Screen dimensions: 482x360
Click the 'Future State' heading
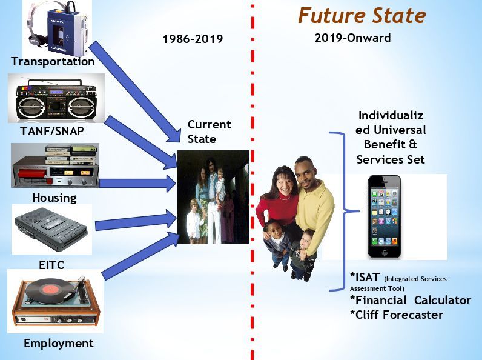point(362,16)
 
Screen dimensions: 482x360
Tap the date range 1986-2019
point(193,39)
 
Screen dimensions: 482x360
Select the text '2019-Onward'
point(352,38)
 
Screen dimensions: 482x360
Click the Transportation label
point(53,62)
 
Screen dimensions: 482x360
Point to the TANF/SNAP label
point(52,131)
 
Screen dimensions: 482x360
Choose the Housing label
point(54,198)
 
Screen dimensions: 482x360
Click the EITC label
point(51,265)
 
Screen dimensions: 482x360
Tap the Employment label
point(59,344)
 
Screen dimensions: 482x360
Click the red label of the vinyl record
point(50,290)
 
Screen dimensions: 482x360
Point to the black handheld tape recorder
point(51,229)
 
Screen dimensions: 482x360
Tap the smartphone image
point(385,216)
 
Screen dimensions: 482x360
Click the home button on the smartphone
point(385,252)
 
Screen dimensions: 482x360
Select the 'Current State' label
point(209,132)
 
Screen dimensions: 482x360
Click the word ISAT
point(365,277)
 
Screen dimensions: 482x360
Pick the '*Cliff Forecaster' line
point(397,315)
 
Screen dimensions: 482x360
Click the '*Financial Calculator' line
point(411,300)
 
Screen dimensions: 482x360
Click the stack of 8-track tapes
point(71,155)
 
